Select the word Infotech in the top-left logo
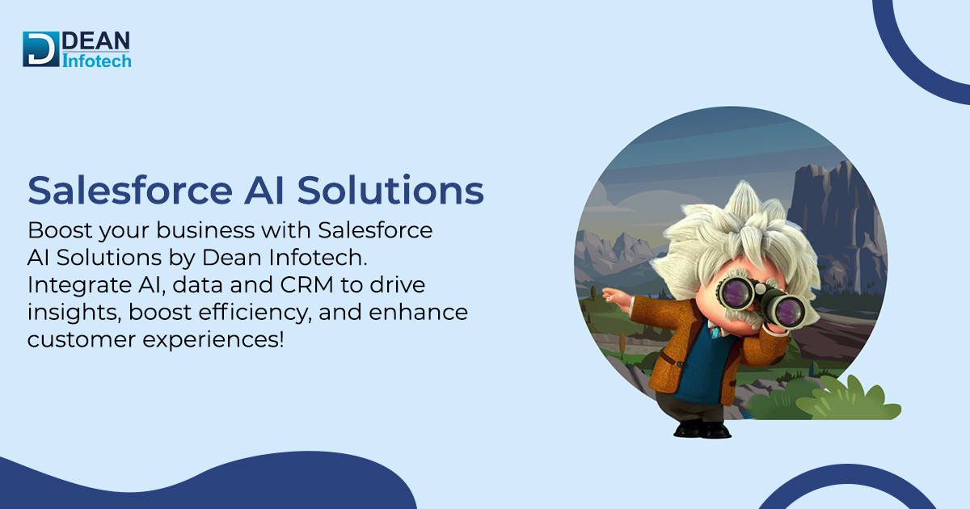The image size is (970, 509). click(x=96, y=60)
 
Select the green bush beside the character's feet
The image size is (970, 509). click(x=841, y=400)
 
